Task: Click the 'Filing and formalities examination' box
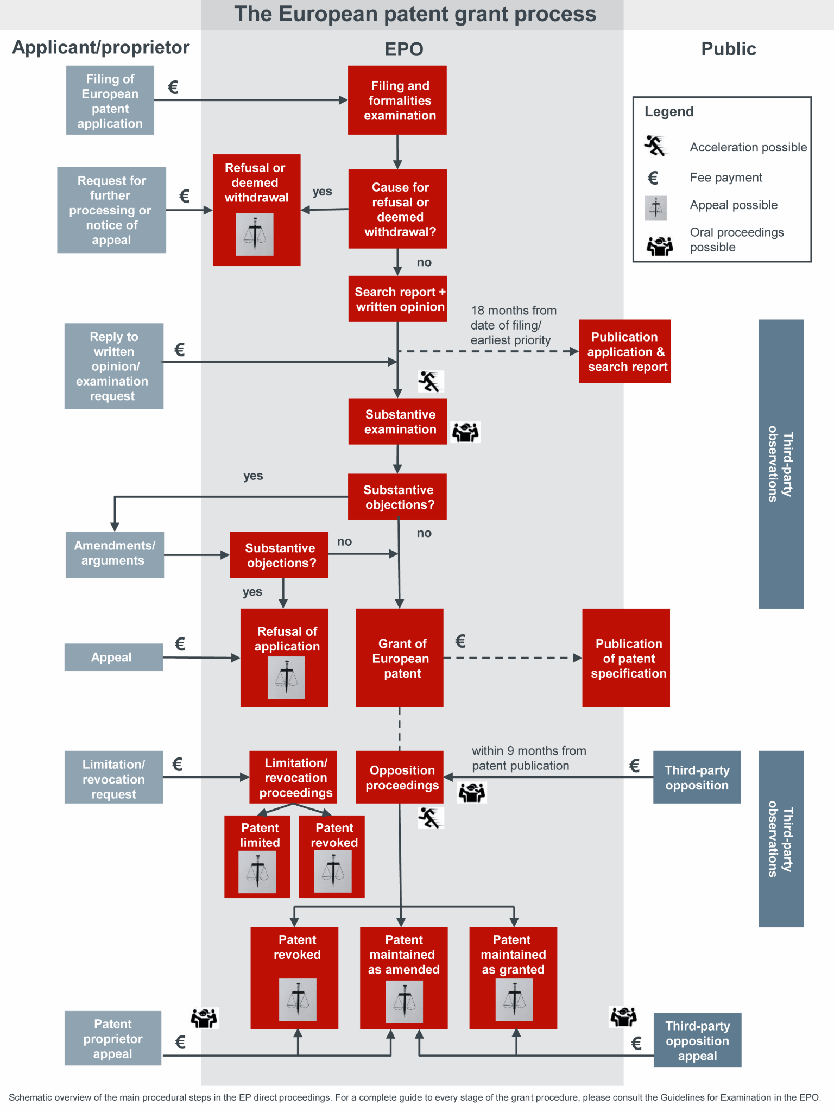397,100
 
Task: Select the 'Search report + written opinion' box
397,299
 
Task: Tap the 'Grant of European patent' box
400,658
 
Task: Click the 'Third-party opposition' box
697,778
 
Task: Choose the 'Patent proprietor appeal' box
113,1038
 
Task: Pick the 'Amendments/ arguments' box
115,554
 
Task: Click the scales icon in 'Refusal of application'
286,678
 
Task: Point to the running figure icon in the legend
655,146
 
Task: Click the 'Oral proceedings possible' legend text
736,239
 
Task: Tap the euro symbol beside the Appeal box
180,644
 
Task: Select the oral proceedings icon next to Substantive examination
466,432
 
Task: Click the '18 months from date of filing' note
513,325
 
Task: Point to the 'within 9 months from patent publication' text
528,758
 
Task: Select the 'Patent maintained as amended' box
403,977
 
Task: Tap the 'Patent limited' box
257,856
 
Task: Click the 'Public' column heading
728,49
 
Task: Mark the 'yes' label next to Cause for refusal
322,192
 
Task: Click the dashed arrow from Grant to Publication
513,658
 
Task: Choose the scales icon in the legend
655,208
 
